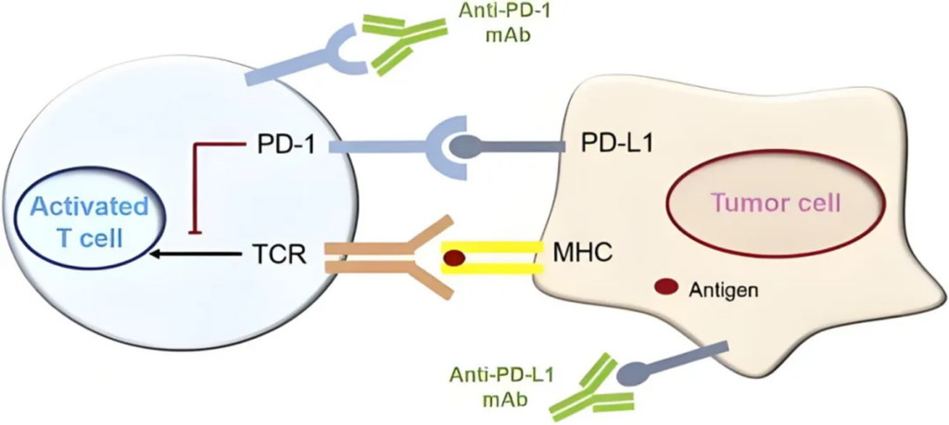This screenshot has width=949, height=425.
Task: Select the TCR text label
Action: [x=279, y=251]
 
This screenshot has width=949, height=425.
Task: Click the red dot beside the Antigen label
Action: [x=665, y=289]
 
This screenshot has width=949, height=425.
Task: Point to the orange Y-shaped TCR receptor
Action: [x=399, y=257]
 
